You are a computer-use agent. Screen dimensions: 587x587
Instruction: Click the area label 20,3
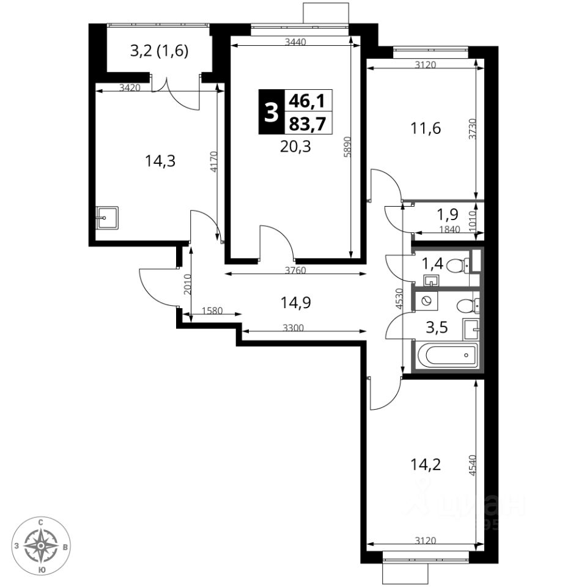[295, 147]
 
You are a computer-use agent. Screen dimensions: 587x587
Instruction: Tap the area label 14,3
[160, 161]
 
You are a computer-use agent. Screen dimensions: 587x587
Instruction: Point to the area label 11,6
[426, 128]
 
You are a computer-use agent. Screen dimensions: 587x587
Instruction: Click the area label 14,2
[426, 465]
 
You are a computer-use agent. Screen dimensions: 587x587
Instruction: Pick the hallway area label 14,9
[296, 302]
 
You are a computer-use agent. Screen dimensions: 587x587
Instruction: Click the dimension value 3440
[295, 42]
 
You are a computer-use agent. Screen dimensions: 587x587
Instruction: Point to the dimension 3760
[295, 270]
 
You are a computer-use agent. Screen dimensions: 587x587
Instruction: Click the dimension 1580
[212, 311]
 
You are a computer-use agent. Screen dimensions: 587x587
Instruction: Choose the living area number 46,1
[308, 101]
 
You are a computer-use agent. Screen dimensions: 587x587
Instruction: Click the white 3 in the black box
[271, 113]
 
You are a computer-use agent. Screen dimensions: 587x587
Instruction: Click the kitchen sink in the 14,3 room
[107, 218]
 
